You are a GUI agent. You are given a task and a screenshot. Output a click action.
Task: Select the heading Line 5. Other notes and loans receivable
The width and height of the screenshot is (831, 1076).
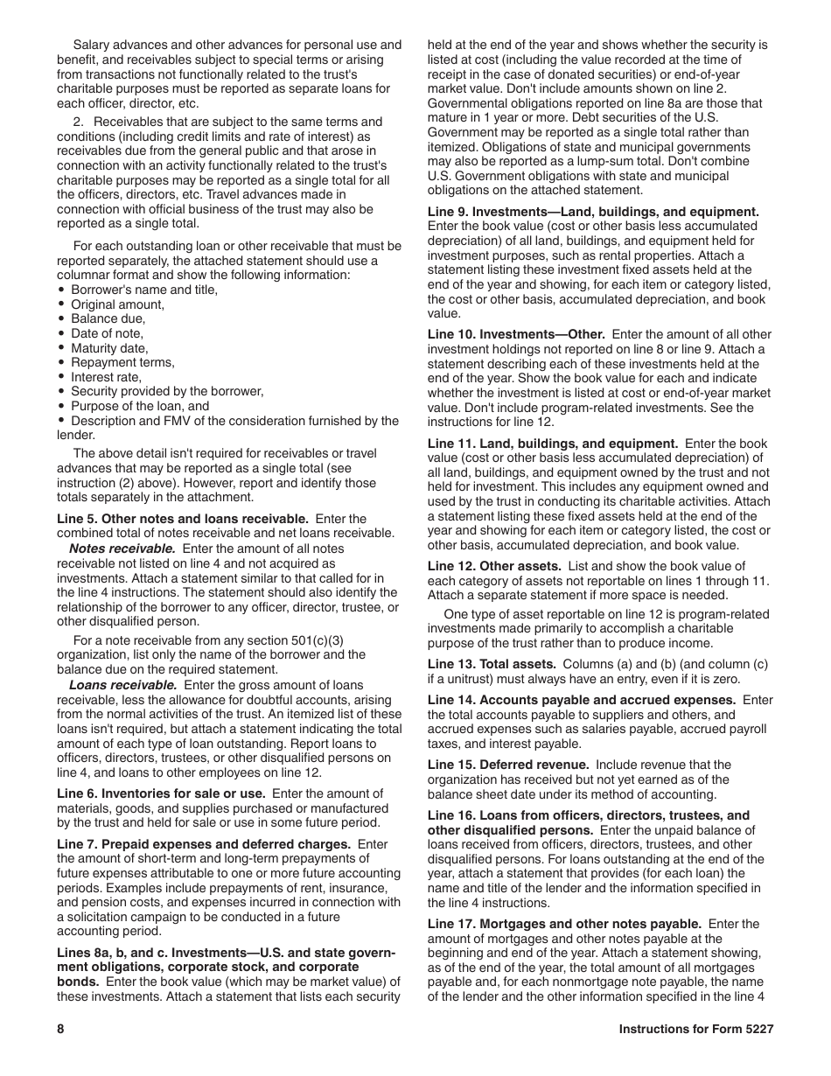click(x=183, y=519)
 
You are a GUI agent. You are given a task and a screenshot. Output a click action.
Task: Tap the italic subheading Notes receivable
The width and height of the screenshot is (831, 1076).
click(x=122, y=548)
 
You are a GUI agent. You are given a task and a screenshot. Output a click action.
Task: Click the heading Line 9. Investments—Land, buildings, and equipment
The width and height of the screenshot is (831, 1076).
click(x=593, y=212)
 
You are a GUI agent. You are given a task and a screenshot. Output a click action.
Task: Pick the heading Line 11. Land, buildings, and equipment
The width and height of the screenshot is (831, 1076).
click(x=553, y=444)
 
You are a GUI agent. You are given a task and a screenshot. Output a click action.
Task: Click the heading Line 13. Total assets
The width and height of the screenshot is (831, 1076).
click(x=492, y=664)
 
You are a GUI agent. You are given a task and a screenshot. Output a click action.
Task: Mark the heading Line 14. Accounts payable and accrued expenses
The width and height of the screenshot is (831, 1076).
click(x=582, y=700)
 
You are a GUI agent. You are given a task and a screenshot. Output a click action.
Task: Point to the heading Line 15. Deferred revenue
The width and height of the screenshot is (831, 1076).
click(x=508, y=765)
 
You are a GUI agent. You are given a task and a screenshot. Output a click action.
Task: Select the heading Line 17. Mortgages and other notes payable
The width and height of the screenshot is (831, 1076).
click(x=564, y=924)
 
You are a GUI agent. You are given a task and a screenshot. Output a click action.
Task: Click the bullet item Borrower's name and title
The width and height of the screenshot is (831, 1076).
click(x=144, y=290)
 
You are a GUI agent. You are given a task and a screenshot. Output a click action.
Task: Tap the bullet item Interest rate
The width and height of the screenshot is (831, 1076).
click(x=106, y=377)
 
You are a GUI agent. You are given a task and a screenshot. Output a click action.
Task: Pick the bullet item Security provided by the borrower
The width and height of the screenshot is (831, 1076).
click(x=166, y=391)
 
